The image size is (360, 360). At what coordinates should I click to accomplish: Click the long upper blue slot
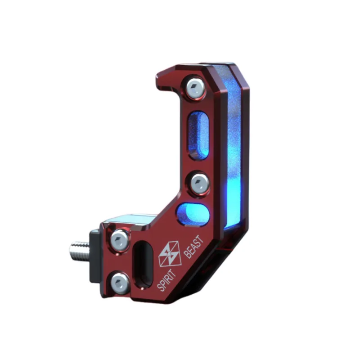click(198, 135)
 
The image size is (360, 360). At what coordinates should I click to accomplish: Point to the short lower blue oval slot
click(192, 214)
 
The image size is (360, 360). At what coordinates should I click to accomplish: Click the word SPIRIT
click(166, 280)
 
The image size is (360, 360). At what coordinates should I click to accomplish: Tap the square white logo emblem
click(170, 254)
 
